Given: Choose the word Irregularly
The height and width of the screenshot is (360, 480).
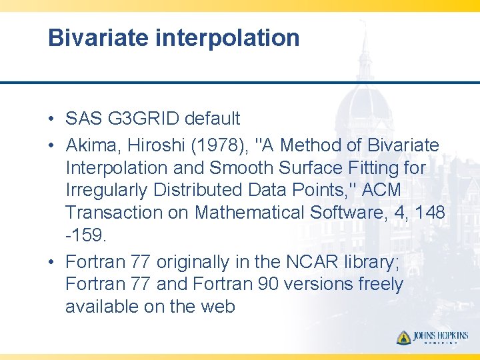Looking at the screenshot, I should (107, 191).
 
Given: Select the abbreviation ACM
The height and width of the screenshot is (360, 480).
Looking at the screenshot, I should (379, 191).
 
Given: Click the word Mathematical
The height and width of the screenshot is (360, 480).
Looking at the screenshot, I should (267, 213).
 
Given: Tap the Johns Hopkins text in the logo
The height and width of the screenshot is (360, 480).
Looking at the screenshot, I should (441, 336).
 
